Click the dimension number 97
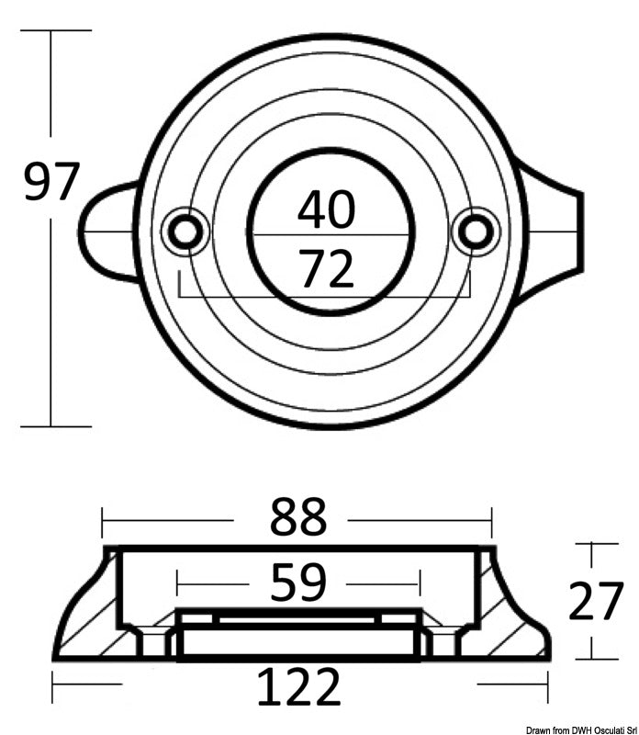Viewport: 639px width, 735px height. coord(52,182)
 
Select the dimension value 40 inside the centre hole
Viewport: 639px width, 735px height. coord(326,209)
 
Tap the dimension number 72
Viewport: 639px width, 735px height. coord(326,269)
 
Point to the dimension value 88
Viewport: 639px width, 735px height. coord(297,519)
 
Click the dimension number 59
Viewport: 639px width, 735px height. coord(297,582)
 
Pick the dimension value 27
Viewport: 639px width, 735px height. coord(596,603)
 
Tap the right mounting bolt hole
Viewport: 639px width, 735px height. coord(476,231)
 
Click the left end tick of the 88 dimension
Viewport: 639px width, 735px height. coord(103,522)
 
